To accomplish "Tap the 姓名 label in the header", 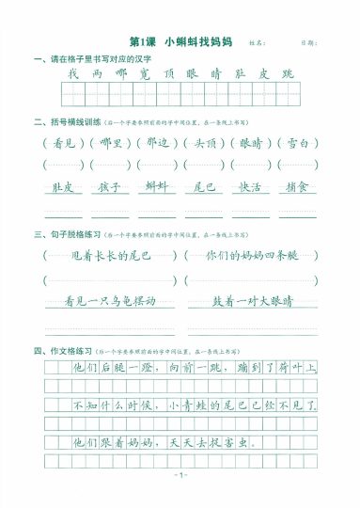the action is point(255,43).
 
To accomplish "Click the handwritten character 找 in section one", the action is point(72,73).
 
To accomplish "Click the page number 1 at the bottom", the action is point(181,474).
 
